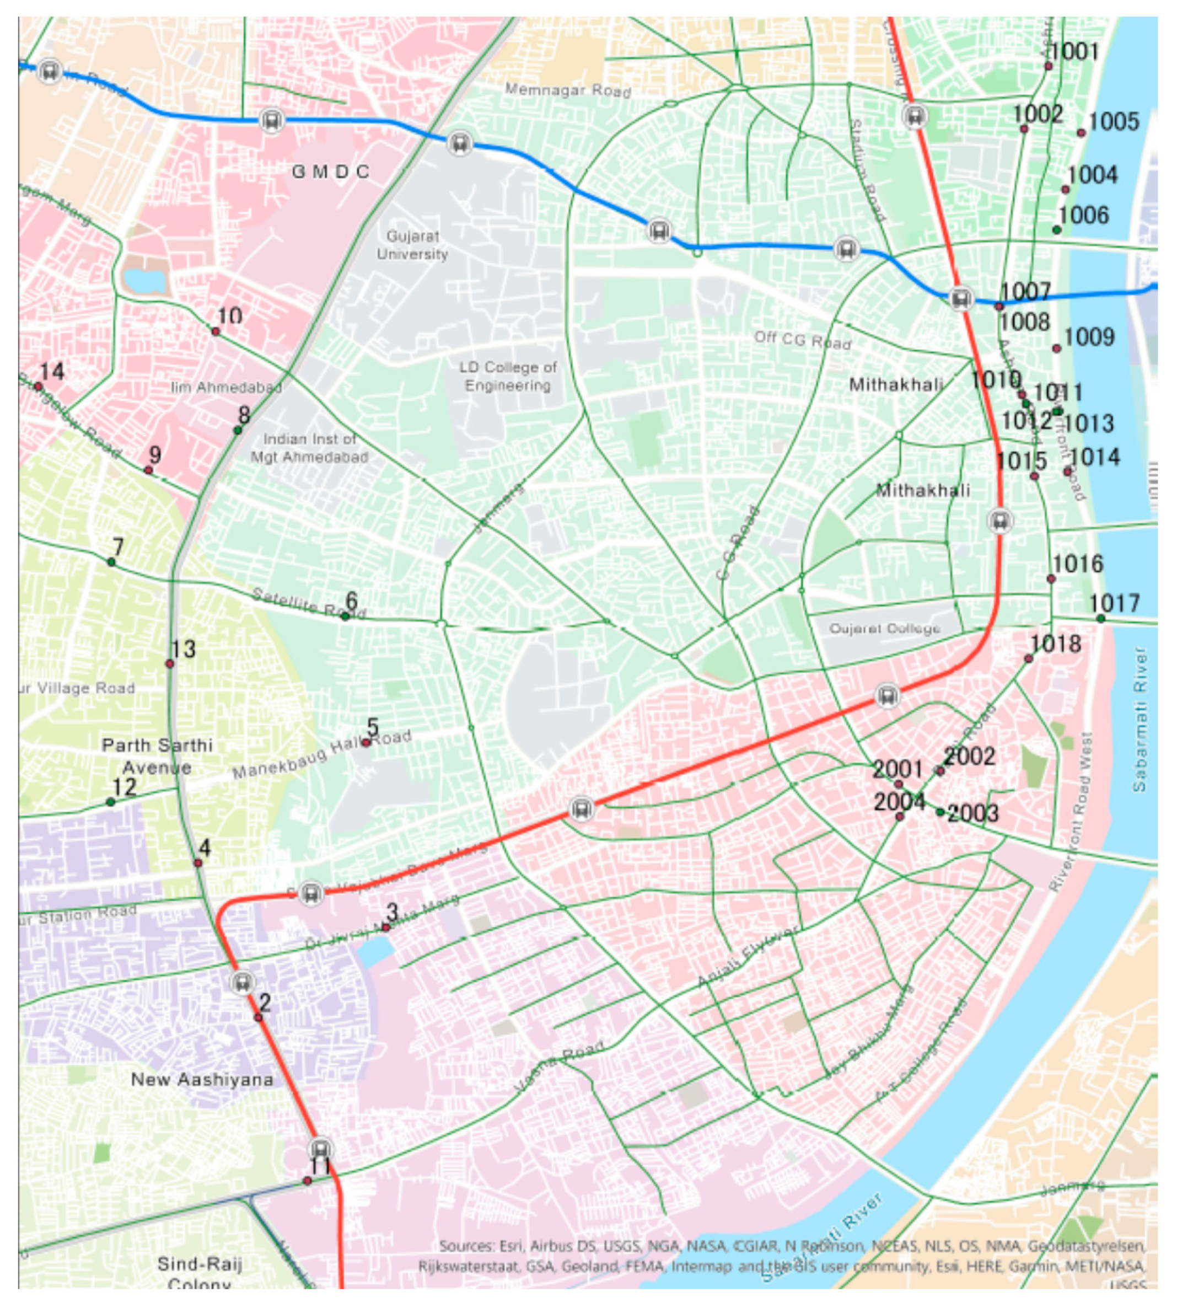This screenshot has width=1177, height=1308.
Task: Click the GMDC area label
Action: (x=330, y=171)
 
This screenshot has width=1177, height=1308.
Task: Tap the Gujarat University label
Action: (x=412, y=245)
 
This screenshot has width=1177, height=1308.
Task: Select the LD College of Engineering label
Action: (x=508, y=377)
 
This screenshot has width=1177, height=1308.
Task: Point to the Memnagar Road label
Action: (x=568, y=90)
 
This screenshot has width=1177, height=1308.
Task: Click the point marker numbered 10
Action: (x=216, y=332)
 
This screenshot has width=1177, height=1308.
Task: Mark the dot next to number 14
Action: (x=38, y=386)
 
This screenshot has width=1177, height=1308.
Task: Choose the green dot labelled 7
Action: (x=111, y=562)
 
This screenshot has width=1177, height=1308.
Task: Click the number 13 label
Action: (x=184, y=649)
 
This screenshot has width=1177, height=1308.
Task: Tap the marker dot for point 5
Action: (x=366, y=742)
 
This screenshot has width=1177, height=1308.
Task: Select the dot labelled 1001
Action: (x=1049, y=66)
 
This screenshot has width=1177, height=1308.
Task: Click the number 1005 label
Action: (x=1114, y=122)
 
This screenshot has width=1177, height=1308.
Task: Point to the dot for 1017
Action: (x=1101, y=619)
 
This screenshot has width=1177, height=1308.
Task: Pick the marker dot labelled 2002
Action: (x=940, y=771)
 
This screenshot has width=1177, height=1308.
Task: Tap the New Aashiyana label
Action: (x=202, y=1080)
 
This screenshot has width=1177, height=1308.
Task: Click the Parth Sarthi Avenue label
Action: (x=157, y=756)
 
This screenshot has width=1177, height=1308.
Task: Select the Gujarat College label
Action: (x=885, y=629)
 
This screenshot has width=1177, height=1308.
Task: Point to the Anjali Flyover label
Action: (x=748, y=957)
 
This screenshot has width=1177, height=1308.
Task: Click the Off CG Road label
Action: (x=803, y=340)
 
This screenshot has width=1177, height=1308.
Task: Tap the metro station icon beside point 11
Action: (x=321, y=1150)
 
